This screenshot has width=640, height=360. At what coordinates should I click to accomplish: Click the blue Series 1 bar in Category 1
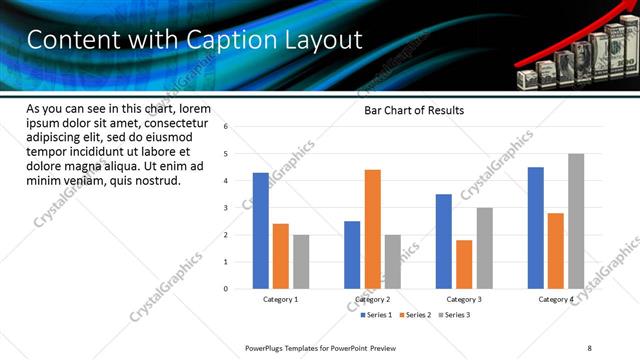[260, 231]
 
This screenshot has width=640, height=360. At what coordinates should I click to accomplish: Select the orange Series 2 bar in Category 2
[372, 229]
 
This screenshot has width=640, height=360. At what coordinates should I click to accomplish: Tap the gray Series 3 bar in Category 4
[576, 221]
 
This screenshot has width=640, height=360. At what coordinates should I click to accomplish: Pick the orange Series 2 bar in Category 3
[464, 264]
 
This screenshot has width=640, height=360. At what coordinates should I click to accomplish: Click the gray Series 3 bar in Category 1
[301, 262]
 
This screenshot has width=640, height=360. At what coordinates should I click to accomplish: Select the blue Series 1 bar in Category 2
[352, 255]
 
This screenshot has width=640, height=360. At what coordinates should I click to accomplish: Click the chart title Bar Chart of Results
[413, 111]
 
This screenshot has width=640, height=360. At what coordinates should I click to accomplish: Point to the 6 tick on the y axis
[226, 127]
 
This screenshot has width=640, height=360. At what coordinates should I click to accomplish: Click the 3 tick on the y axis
[226, 208]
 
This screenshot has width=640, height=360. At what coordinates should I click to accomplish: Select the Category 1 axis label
[280, 299]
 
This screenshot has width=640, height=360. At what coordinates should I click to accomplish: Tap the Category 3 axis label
[463, 299]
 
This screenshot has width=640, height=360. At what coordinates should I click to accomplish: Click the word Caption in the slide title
[217, 41]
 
